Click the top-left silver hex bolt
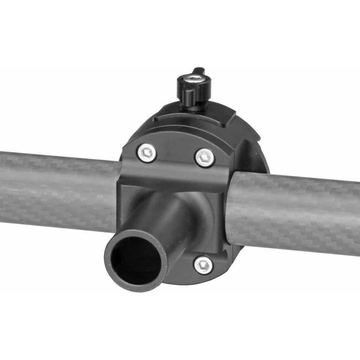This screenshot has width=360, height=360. point(147,153)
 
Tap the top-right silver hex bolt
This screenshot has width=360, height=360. point(205,158)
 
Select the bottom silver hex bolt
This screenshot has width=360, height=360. point(203,265)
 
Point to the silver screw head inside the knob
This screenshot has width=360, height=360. point(195,78)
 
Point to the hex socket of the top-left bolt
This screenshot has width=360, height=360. point(147,153)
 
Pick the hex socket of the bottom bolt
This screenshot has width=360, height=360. point(203,265)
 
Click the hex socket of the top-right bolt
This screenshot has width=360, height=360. point(205,158)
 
